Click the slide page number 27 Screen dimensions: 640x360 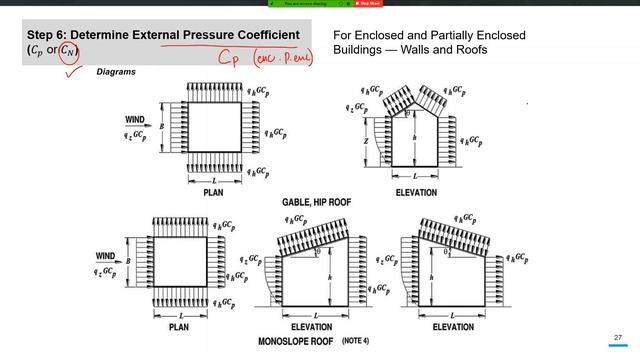coord(618,338)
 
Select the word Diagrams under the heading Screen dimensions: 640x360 coord(116,72)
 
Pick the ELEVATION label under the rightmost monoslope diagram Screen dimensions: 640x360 coord(446,326)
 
